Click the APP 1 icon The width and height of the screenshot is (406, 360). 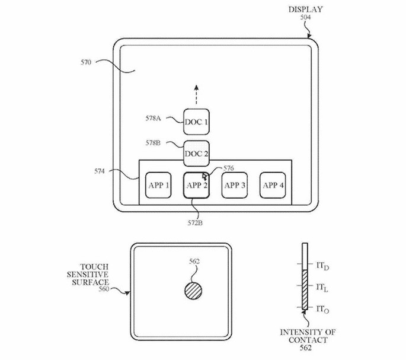click(x=158, y=185)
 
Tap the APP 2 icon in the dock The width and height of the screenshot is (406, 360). click(x=196, y=185)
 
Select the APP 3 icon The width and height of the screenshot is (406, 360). click(x=235, y=185)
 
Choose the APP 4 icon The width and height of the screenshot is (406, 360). click(x=273, y=185)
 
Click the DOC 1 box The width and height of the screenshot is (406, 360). click(x=197, y=122)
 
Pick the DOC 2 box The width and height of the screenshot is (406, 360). click(x=196, y=154)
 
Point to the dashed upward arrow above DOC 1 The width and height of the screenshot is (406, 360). click(x=197, y=95)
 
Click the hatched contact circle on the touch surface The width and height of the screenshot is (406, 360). click(x=193, y=291)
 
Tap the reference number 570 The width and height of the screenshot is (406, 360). click(x=86, y=62)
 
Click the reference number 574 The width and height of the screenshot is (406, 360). click(x=100, y=171)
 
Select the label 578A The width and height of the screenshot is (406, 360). click(x=153, y=118)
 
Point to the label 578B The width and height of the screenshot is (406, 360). click(x=153, y=142)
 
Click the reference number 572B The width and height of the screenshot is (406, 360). click(x=195, y=222)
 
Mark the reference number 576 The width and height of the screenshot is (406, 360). click(x=229, y=168)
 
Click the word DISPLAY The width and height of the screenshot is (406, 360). click(x=305, y=9)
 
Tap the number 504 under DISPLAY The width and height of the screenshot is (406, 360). click(x=305, y=17)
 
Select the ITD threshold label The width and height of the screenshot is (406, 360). click(x=322, y=266)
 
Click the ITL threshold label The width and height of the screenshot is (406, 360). click(x=322, y=288)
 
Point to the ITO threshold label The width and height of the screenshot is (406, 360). click(x=322, y=310)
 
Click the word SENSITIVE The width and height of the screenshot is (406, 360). click(x=88, y=275)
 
